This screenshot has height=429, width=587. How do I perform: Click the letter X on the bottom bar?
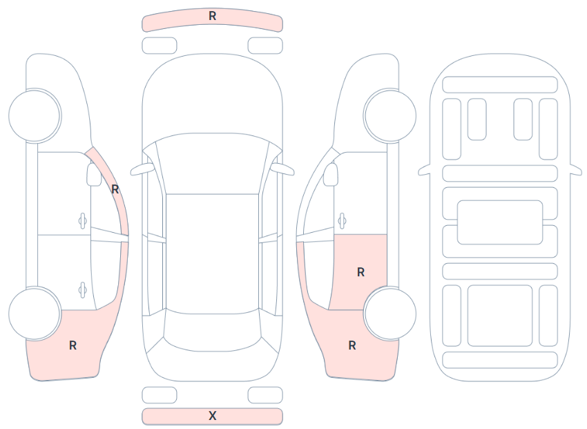tap(212, 416)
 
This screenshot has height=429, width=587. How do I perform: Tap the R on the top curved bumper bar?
tap(212, 16)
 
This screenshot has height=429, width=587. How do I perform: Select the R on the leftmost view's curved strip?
tap(115, 189)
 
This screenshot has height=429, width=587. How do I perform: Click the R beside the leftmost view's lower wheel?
tap(73, 345)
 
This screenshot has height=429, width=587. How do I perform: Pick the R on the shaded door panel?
tap(361, 272)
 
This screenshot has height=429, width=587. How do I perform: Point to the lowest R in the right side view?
tap(352, 345)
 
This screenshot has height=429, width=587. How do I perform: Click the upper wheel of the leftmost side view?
tap(35, 115)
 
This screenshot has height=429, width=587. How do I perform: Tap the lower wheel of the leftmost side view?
tap(35, 314)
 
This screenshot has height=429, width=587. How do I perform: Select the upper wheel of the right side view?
tap(389, 115)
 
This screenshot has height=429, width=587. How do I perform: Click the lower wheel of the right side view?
tap(389, 314)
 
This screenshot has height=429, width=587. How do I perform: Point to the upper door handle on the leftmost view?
tap(82, 221)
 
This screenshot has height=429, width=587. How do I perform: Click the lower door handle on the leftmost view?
tap(82, 290)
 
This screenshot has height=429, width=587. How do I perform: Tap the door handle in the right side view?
tap(341, 221)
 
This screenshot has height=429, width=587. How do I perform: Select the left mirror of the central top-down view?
tap(142, 169)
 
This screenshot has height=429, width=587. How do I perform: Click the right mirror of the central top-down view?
tap(282, 169)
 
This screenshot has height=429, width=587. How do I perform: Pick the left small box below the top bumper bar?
tap(160, 46)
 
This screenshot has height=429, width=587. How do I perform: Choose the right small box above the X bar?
tap(265, 395)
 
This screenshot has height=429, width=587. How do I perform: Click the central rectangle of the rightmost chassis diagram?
tap(500, 222)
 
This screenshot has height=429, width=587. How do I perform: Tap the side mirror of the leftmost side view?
tap(94, 175)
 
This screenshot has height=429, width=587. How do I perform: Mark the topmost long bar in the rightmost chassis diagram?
tap(500, 84)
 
